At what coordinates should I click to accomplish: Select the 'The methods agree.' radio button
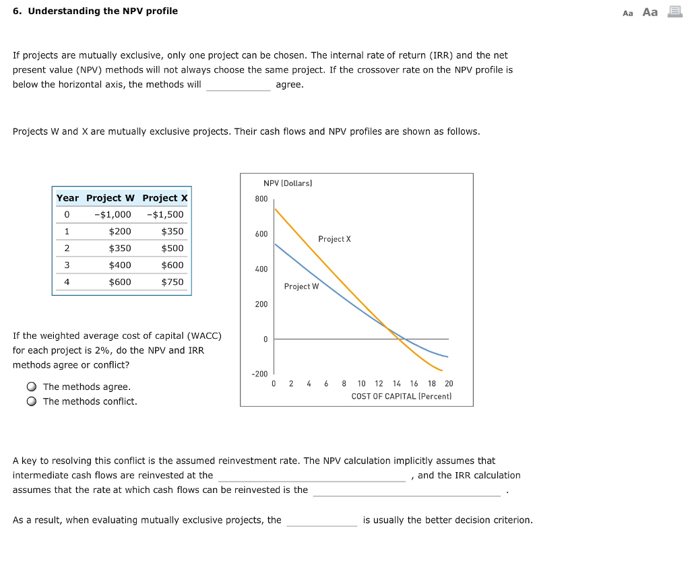(32, 387)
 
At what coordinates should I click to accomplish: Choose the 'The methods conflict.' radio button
(32, 401)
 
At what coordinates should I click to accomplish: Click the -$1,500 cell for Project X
(164, 215)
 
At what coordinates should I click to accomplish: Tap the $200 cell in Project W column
(120, 232)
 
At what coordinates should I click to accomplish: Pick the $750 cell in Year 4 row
(172, 282)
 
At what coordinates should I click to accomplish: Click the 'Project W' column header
(111, 198)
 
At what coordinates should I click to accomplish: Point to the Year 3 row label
(67, 265)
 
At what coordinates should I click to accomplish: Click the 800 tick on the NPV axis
(261, 199)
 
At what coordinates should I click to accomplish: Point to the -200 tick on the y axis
(260, 374)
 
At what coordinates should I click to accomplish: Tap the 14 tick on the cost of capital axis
(396, 384)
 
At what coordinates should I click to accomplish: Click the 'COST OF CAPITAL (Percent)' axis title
(402, 397)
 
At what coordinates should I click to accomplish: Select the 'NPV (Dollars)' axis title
(288, 183)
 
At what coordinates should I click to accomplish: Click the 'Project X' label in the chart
(334, 239)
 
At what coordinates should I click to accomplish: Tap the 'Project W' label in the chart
(301, 287)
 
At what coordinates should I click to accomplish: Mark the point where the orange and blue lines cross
(389, 328)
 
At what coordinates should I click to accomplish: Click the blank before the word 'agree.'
(238, 86)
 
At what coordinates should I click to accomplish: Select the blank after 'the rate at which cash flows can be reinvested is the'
(406, 490)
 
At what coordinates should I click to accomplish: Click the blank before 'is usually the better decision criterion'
(321, 521)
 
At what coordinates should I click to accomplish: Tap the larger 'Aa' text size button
(650, 12)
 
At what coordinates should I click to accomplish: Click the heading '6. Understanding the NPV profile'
(95, 11)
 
